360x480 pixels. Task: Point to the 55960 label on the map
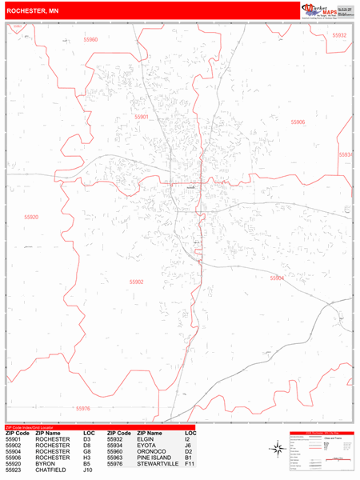(89, 39)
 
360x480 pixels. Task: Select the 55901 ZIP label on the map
(142, 117)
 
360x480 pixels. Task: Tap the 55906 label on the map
(298, 122)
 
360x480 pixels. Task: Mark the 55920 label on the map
(30, 217)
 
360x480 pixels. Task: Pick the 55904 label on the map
(276, 278)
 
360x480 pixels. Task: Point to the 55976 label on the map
(83, 408)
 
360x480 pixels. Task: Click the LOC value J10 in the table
(87, 470)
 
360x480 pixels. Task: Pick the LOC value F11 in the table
(190, 464)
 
